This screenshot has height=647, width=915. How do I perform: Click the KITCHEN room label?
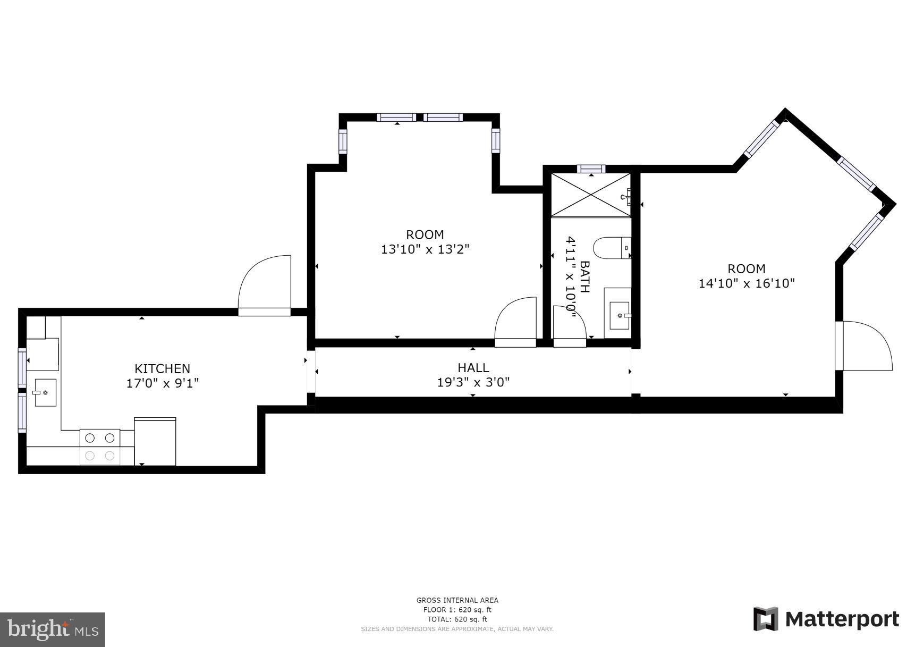(x=162, y=368)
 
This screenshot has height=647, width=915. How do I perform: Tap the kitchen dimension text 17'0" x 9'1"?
(x=162, y=383)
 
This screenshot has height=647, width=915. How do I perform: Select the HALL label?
(x=473, y=367)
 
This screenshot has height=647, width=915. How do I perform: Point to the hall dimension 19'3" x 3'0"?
(x=473, y=382)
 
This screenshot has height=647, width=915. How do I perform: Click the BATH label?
(x=584, y=276)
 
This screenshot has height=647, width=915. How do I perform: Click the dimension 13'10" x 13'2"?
(x=425, y=249)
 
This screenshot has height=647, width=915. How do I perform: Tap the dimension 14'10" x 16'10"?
(x=746, y=283)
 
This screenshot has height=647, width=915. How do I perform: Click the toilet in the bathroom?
(x=611, y=248)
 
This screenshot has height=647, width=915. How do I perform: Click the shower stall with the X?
(x=590, y=194)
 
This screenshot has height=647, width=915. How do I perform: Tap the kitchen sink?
(x=46, y=392)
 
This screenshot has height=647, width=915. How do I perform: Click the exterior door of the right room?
(x=863, y=346)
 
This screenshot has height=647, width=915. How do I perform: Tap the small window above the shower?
(x=591, y=169)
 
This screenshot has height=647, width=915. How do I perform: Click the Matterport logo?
(x=826, y=619)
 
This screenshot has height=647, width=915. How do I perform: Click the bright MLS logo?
(x=52, y=629)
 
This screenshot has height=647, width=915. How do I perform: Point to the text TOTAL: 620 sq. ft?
(x=457, y=619)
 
